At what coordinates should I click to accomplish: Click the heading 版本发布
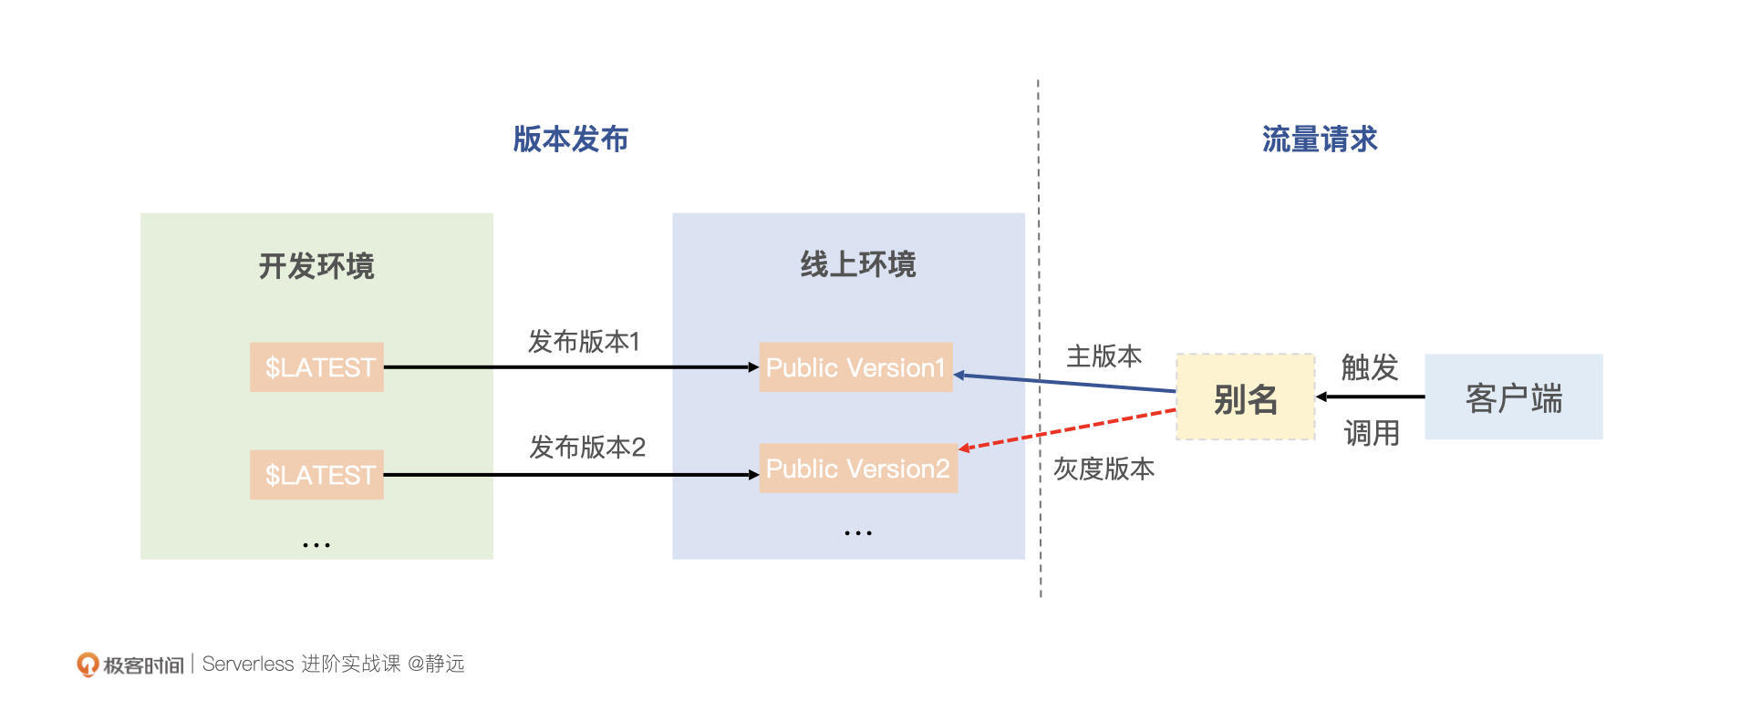pyautogui.click(x=570, y=139)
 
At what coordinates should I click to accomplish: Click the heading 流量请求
pyautogui.click(x=1319, y=139)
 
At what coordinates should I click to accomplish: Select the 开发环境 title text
pyautogui.click(x=316, y=266)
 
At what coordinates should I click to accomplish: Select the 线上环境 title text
pyautogui.click(x=857, y=264)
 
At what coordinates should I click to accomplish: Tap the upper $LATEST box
pyautogui.click(x=316, y=367)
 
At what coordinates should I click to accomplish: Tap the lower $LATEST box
pyautogui.click(x=316, y=475)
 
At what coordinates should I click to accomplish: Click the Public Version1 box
pyautogui.click(x=855, y=367)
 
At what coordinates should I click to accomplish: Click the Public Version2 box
pyautogui.click(x=858, y=469)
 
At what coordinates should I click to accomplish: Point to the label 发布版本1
pyautogui.click(x=584, y=342)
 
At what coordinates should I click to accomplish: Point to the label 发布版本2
pyautogui.click(x=586, y=448)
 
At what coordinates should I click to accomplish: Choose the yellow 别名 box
pyautogui.click(x=1245, y=398)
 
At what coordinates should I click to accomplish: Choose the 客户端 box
pyautogui.click(x=1513, y=398)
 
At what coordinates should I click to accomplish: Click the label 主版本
pyautogui.click(x=1103, y=356)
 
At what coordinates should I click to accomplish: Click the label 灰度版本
pyautogui.click(x=1103, y=469)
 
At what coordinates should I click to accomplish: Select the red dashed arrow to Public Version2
pyautogui.click(x=1067, y=429)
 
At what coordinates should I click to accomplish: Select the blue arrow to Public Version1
pyautogui.click(x=1067, y=382)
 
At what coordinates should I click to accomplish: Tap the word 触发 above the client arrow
pyautogui.click(x=1369, y=367)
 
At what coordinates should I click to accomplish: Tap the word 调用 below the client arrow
pyautogui.click(x=1371, y=433)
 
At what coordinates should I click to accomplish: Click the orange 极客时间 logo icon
pyautogui.click(x=87, y=665)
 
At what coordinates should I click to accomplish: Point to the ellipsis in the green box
pyautogui.click(x=316, y=545)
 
